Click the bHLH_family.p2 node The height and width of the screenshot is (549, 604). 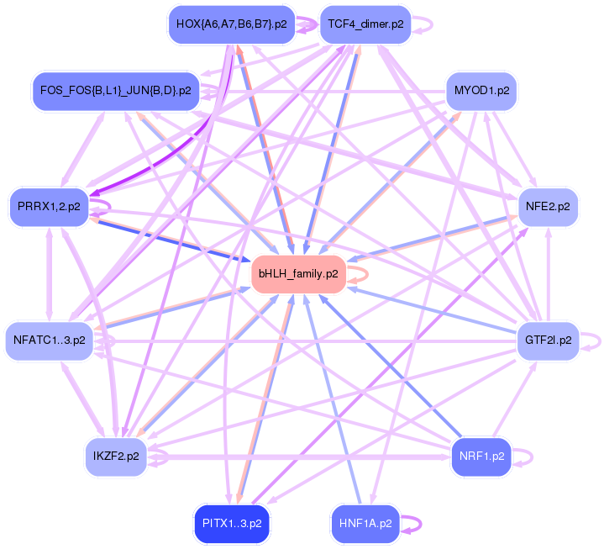(x=298, y=274)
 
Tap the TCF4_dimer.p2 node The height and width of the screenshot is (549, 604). (x=365, y=24)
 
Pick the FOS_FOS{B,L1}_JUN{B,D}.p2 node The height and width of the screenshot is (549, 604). (x=115, y=89)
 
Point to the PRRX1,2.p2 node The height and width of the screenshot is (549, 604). (x=49, y=205)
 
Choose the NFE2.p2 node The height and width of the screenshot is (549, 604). (x=547, y=205)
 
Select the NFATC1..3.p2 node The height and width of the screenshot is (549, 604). (x=49, y=340)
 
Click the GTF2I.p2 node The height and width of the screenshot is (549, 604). (x=548, y=340)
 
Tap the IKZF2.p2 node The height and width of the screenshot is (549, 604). (x=116, y=457)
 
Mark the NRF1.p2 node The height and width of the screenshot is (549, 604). (x=481, y=457)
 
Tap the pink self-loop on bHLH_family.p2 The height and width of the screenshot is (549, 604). (x=360, y=274)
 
